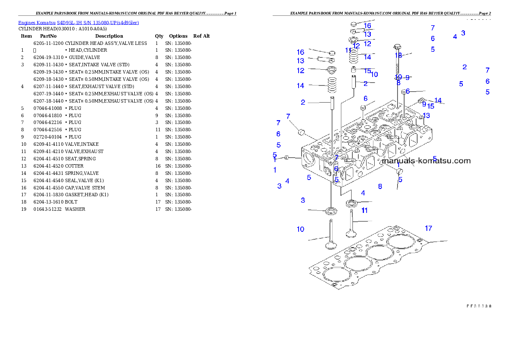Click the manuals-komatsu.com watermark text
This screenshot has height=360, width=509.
coord(426,161)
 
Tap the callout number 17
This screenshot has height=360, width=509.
coord(428,228)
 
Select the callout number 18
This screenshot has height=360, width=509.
coord(398,55)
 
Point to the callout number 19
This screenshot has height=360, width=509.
coord(398,77)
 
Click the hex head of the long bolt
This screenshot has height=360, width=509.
coord(397,46)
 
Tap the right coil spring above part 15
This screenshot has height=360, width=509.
coord(354,55)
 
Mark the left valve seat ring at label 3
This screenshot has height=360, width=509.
coord(331,210)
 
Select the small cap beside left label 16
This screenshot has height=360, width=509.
coord(331,53)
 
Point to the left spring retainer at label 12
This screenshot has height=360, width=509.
coord(331,69)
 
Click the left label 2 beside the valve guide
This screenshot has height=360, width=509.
coord(303,102)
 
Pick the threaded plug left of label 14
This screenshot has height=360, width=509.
coord(420,101)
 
